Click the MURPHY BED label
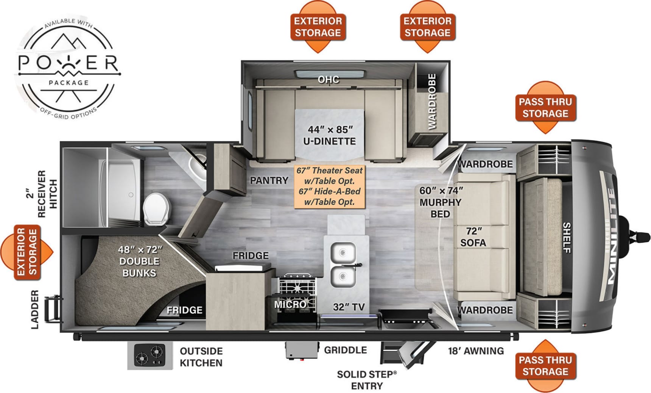441,202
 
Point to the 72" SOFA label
473,237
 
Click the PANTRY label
269,180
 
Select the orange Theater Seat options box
330,186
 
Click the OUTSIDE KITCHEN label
201,357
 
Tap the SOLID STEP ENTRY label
366,380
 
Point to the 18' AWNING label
476,351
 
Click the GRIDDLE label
345,350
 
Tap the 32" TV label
349,307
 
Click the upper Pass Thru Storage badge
545,108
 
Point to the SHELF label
567,238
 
